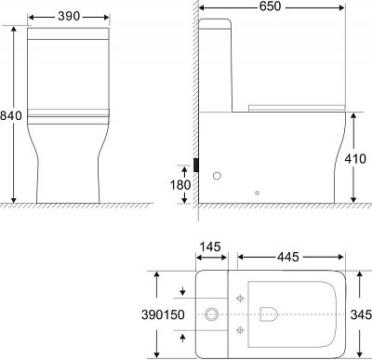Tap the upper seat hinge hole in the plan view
point(240,299)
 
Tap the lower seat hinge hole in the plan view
point(240,329)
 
